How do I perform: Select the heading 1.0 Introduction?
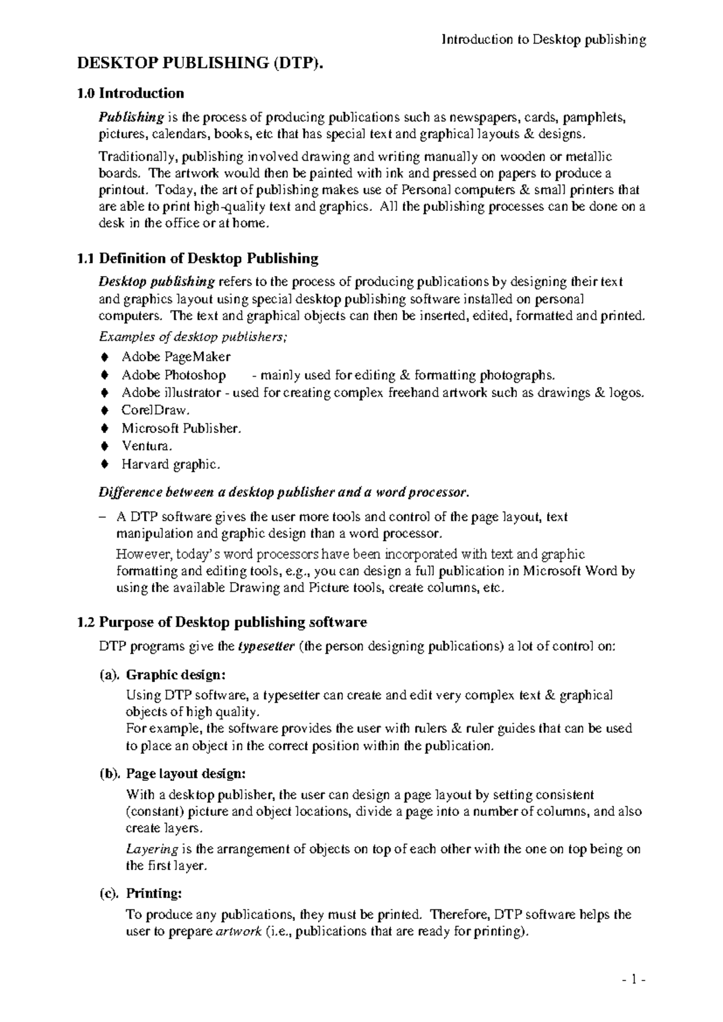click(x=131, y=93)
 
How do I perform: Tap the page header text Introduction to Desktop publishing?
click(x=543, y=40)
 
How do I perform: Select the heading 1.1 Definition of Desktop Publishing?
click(x=198, y=259)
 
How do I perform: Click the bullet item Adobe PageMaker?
click(x=176, y=357)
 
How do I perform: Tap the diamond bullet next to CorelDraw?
click(x=105, y=411)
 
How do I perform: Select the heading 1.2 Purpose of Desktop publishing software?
click(x=222, y=622)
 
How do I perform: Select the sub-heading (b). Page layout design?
click(x=172, y=773)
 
